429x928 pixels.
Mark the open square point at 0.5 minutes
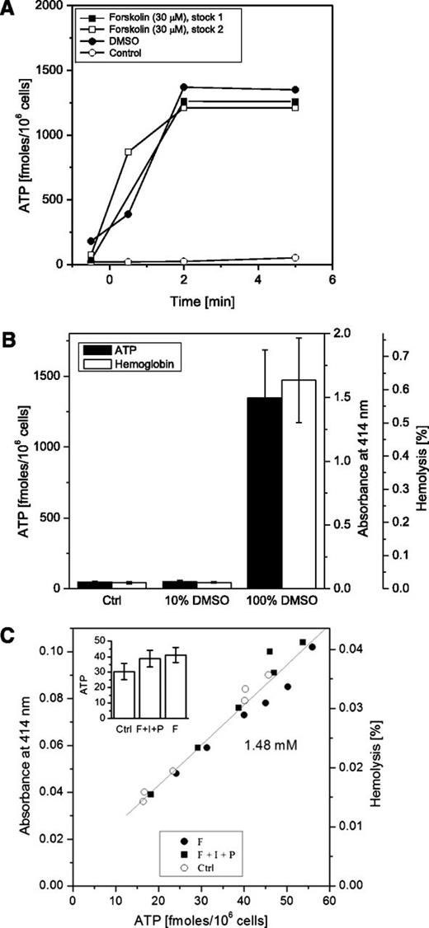tap(128, 152)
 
